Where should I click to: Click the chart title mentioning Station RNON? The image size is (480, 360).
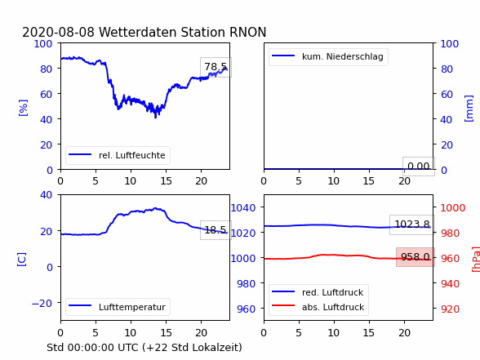(144, 32)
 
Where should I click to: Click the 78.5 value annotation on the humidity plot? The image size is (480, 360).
(216, 67)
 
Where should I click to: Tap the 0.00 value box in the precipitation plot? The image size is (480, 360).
(419, 167)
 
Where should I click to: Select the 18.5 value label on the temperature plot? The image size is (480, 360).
(216, 230)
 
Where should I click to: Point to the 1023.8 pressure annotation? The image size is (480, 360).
(412, 224)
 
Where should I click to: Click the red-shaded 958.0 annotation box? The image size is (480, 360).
(416, 257)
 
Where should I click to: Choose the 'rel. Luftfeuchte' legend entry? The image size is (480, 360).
(118, 155)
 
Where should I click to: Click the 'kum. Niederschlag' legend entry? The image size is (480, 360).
(328, 56)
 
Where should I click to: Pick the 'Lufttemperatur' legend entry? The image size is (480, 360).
(118, 307)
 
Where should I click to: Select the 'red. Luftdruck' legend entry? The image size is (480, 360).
(318, 292)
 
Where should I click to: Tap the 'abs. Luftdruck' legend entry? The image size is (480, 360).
(318, 307)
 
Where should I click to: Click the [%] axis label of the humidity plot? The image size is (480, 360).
(23, 108)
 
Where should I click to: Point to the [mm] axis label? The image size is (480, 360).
(469, 109)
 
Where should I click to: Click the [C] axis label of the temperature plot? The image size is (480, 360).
(22, 260)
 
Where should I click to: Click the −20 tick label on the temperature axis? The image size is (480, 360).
(42, 303)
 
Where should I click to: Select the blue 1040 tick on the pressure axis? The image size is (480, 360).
(243, 208)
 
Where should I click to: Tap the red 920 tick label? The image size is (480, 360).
(450, 309)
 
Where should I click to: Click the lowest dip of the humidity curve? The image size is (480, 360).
(155, 118)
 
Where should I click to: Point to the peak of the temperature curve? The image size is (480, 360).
(156, 208)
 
